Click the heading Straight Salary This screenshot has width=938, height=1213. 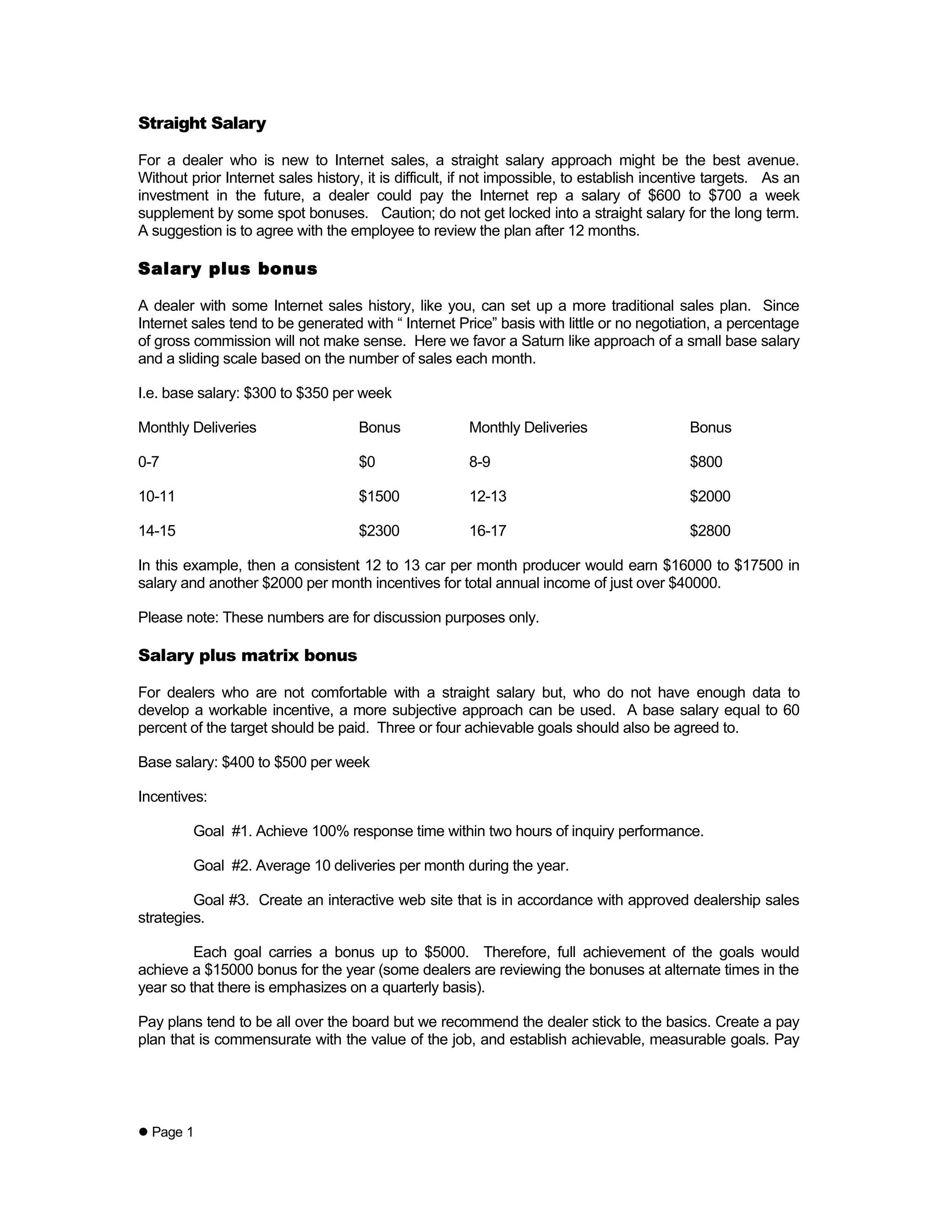[202, 123]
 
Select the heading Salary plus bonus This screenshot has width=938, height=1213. [227, 269]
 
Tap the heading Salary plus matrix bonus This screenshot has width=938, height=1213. [247, 655]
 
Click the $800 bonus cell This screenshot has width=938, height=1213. [706, 462]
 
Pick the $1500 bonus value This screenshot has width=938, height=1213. [379, 497]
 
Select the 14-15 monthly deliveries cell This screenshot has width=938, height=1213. [157, 531]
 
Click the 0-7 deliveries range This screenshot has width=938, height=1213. [148, 462]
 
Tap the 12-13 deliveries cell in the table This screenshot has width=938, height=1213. [488, 497]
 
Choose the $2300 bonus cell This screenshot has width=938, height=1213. [379, 531]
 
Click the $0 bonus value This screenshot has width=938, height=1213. [367, 462]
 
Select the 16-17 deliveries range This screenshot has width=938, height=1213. [488, 531]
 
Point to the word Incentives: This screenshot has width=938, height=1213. [172, 797]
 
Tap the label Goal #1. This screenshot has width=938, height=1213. [222, 831]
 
